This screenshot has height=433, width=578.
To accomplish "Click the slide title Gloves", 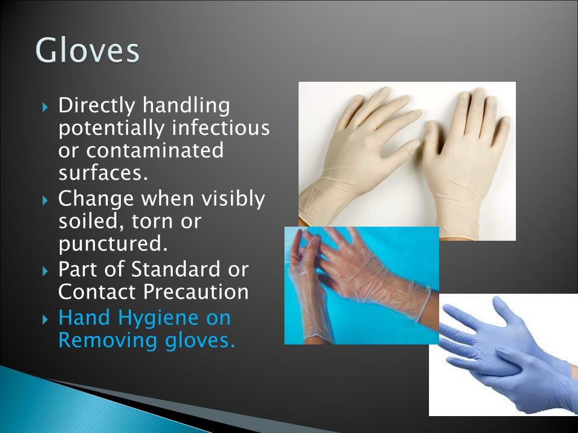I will (87, 51).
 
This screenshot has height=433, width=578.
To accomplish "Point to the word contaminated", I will (155, 151).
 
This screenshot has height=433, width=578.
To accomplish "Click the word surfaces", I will (103, 173).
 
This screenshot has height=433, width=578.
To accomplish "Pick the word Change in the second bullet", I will (96, 198).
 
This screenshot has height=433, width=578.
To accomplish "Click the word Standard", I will (176, 269).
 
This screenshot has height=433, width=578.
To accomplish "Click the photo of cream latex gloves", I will (406, 158).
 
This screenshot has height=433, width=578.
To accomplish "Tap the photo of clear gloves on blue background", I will (361, 285).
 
